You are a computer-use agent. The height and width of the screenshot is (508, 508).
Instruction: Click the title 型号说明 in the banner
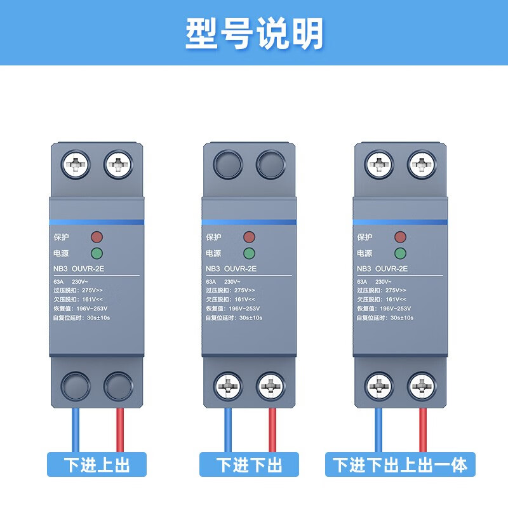[254, 33]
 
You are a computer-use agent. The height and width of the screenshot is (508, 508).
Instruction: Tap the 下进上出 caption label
[97, 465]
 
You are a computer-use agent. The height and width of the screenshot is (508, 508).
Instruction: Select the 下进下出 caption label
[249, 465]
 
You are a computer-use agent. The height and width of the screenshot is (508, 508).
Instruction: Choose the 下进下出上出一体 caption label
[401, 465]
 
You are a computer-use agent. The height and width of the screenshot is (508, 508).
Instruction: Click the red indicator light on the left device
[97, 237]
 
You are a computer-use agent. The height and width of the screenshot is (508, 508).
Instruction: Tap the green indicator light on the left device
[97, 254]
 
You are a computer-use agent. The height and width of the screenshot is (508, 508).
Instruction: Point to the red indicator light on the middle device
[249, 237]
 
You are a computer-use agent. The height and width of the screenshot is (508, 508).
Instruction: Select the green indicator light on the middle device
[249, 254]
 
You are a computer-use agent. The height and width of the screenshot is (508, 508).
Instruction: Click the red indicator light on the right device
[400, 237]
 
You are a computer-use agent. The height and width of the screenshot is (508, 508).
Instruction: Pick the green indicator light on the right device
[400, 254]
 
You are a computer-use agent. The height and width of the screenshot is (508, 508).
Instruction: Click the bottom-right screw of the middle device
[269, 386]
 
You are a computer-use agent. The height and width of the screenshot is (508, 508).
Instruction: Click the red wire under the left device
[119, 430]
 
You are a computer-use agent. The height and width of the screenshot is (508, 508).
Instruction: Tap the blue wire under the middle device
[228, 430]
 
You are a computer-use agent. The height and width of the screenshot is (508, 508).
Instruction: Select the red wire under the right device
[422, 430]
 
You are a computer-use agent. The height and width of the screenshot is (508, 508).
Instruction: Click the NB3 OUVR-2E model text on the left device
[81, 269]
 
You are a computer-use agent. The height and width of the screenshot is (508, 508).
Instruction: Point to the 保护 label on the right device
[365, 237]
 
